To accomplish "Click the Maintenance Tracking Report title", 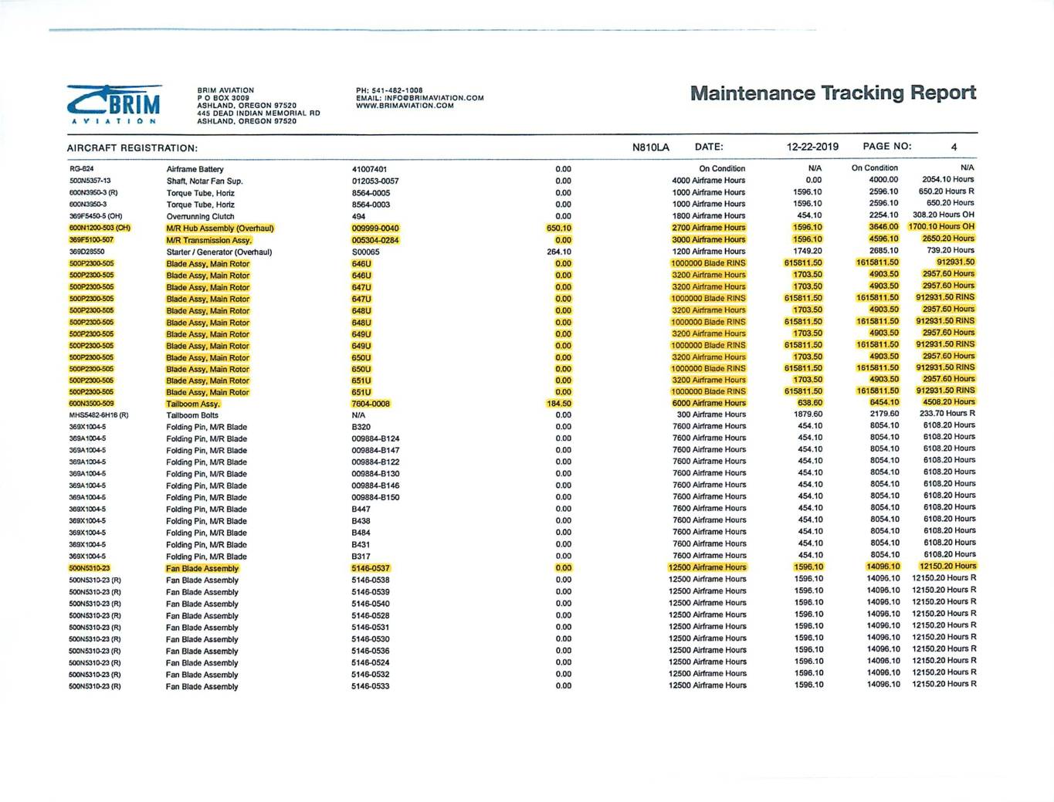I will [x=832, y=93].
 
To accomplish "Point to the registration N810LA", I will [x=650, y=147].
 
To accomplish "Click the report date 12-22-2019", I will [x=812, y=147].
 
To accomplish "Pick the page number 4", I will [x=954, y=147].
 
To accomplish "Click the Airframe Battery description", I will [x=195, y=169].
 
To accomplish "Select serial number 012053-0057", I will [x=375, y=181].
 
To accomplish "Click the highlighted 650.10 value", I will [x=558, y=228].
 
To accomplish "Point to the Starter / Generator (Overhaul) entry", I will [x=219, y=252].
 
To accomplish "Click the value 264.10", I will [x=558, y=252].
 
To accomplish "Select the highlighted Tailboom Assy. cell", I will [x=193, y=404].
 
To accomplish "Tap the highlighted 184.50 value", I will [x=558, y=403].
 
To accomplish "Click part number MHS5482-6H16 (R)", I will [x=99, y=415].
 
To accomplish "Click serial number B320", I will [x=361, y=427].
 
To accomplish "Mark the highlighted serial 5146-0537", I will [x=370, y=568].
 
